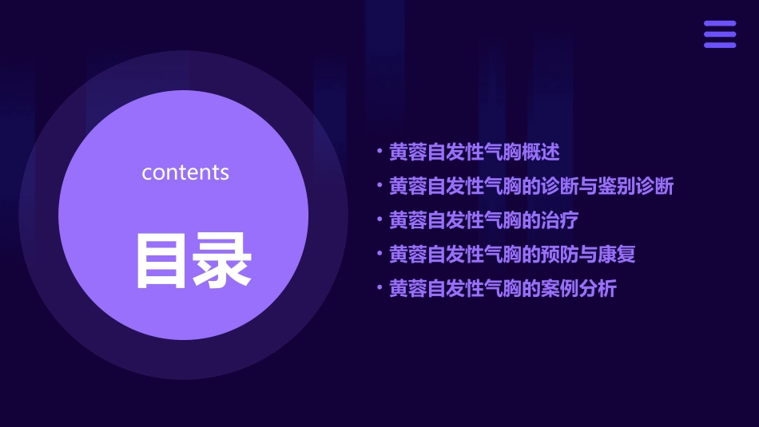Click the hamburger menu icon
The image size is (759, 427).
pos(719,34)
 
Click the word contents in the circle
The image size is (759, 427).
pos(185,172)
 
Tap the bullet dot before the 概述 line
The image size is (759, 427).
pos(379,151)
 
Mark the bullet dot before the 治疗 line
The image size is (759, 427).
pos(379,219)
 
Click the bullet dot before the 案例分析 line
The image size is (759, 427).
pos(379,288)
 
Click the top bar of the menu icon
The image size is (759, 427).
pos(719,24)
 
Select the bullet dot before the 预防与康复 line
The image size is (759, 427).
pos(379,254)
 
